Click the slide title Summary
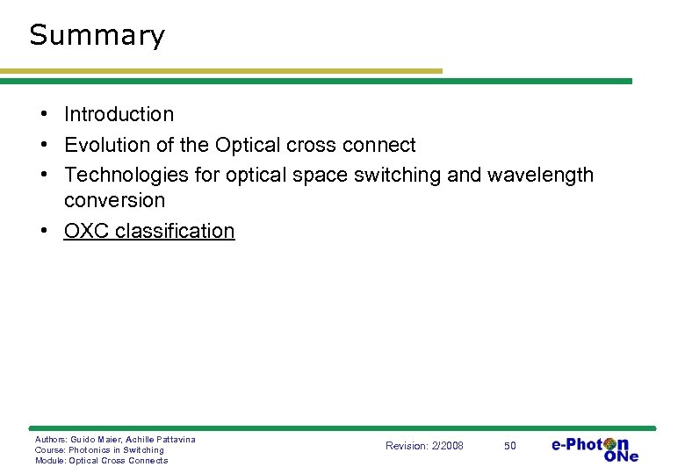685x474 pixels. pos(97,36)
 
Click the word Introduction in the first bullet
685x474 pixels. pos(119,114)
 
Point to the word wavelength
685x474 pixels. pos(540,175)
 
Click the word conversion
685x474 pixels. pos(114,200)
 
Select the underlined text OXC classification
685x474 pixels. pos(149,231)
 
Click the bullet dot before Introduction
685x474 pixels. pos(43,115)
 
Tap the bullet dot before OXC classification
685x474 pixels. pos(43,232)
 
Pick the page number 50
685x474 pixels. pos(510,446)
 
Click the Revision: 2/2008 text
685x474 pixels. pos(424,446)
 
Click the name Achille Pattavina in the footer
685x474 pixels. pos(162,439)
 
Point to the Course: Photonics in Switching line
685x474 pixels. pos(99,449)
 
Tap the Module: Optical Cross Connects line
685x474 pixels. pos(101,460)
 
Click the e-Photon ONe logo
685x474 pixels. pos(595,448)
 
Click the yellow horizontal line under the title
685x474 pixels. pos(220,71)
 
